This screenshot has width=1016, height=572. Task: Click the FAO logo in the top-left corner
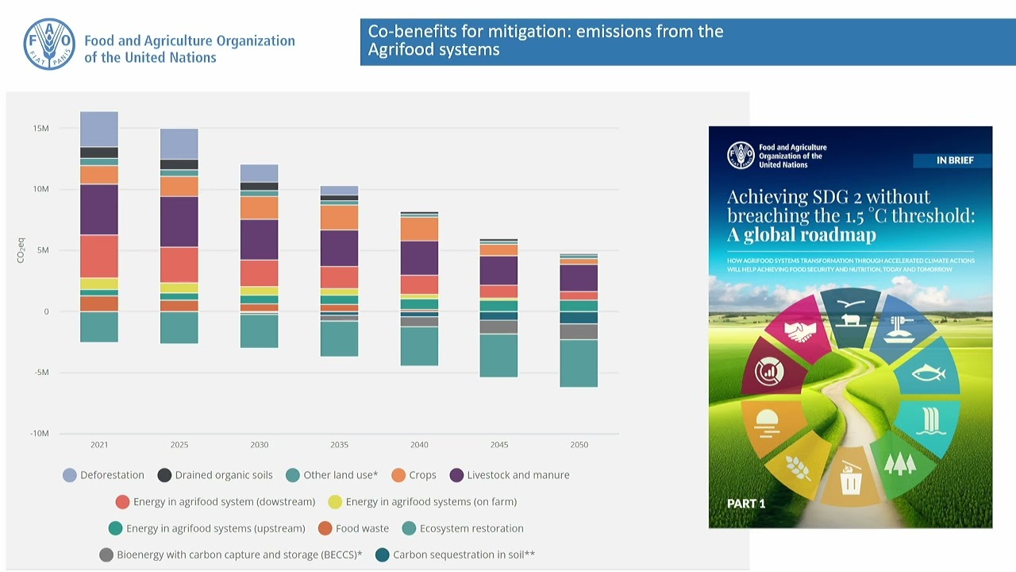click(x=49, y=44)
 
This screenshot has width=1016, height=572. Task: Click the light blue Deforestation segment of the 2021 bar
click(x=99, y=129)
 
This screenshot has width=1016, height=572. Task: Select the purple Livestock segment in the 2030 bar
click(x=260, y=239)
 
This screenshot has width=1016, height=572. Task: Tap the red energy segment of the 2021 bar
click(x=99, y=256)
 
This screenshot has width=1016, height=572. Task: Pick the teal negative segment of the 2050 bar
click(x=579, y=363)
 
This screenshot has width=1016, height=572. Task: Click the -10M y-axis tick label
click(x=39, y=434)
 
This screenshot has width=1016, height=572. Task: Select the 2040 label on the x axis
click(x=419, y=445)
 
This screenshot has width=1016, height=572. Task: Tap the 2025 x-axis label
click(x=179, y=445)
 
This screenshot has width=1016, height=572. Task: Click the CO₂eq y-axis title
click(x=21, y=250)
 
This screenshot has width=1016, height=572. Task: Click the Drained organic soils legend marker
click(x=165, y=475)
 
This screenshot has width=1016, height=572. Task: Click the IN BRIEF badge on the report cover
click(x=952, y=160)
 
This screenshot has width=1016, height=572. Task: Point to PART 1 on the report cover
click(x=746, y=504)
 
